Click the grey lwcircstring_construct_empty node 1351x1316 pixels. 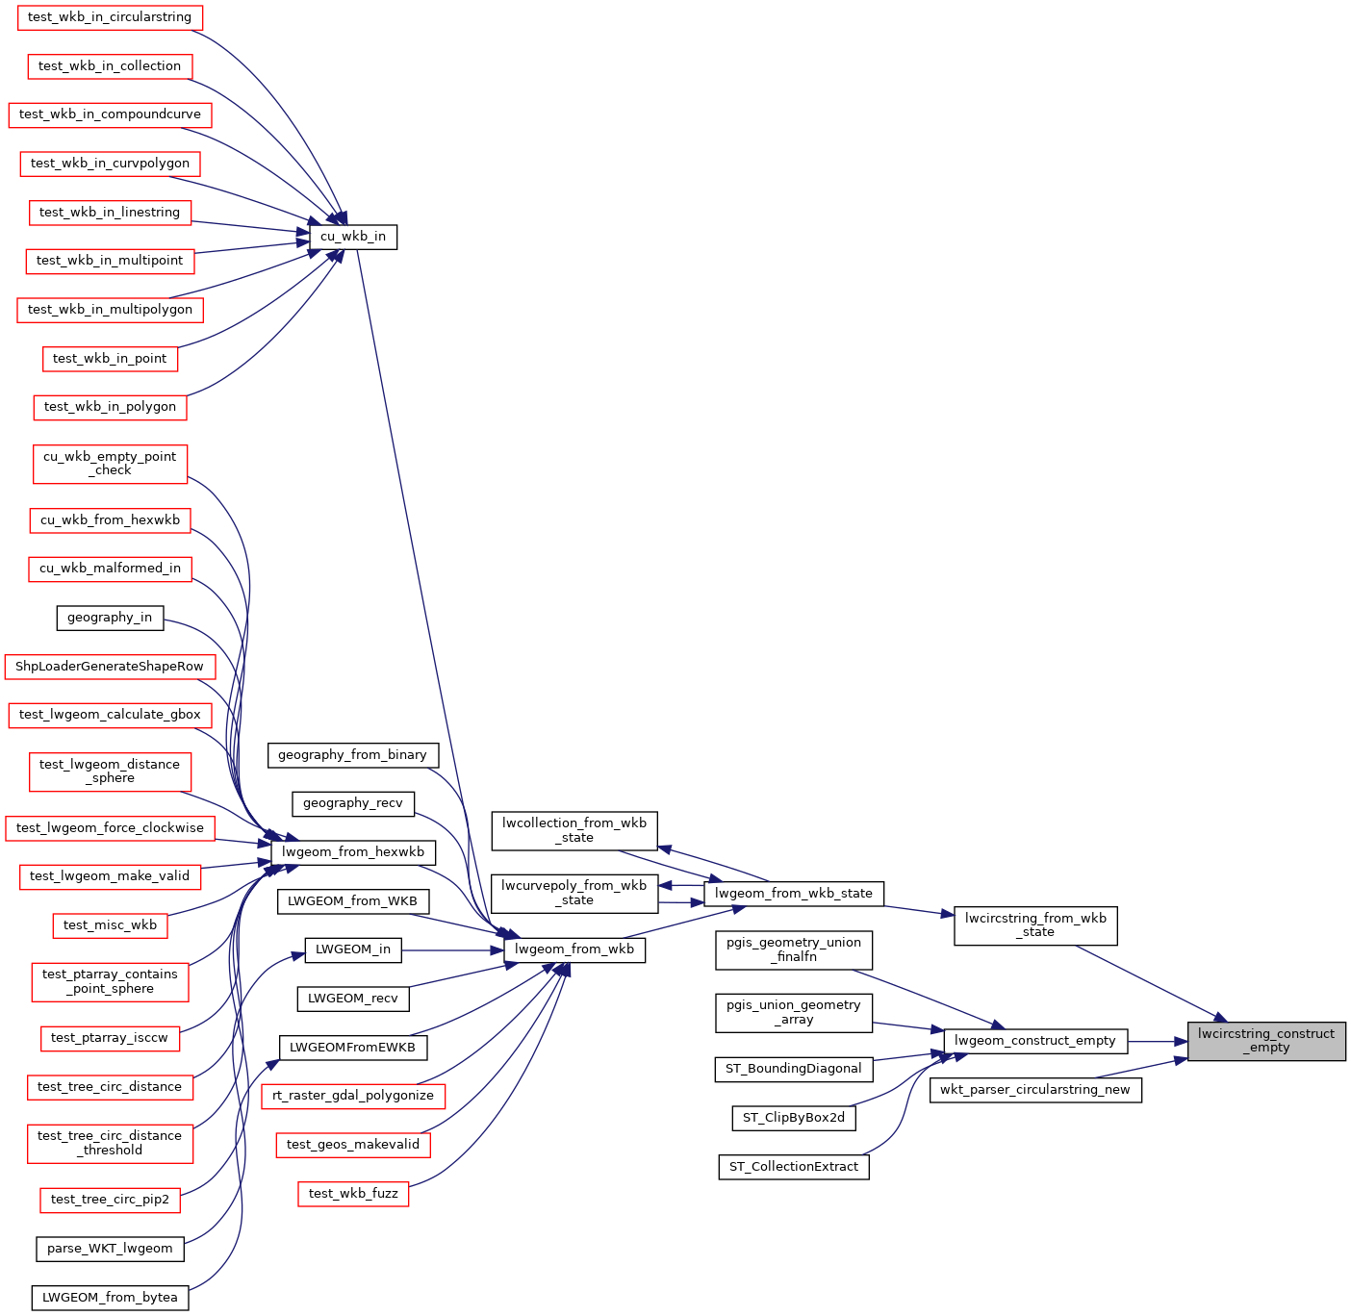(1265, 1041)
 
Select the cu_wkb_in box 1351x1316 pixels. (353, 237)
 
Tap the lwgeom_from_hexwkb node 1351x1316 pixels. (353, 852)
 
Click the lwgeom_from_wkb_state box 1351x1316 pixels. (794, 894)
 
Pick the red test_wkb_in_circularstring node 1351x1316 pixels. (110, 17)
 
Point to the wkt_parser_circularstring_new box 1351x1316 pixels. (1035, 1090)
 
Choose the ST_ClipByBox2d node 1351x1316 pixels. (794, 1118)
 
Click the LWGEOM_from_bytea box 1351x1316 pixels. (110, 1298)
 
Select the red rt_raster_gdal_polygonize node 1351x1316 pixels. (353, 1096)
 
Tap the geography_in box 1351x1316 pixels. (110, 618)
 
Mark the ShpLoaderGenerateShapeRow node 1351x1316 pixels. (110, 667)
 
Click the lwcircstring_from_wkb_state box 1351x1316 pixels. (1035, 925)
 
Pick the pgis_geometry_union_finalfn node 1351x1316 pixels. (794, 949)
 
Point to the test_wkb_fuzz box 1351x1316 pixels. (353, 1193)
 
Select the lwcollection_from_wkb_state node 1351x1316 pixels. (574, 830)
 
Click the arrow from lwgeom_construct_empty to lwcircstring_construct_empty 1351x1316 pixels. (1158, 1041)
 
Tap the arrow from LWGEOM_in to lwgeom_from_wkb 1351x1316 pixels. (452, 950)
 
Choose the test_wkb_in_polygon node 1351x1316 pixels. (110, 407)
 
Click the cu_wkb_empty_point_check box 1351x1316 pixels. (110, 464)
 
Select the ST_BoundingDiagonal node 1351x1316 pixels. (794, 1069)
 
